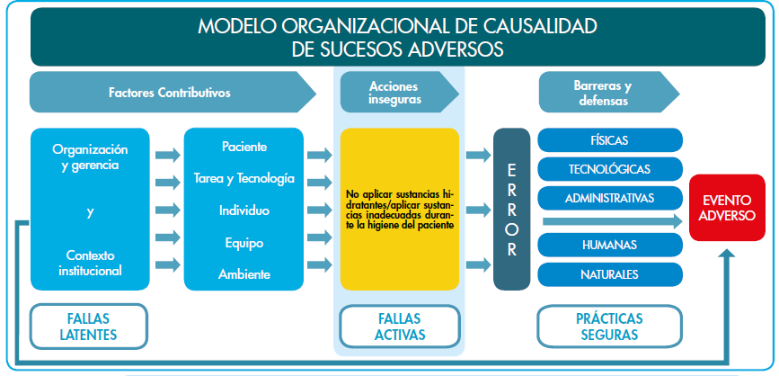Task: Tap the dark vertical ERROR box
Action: point(512,209)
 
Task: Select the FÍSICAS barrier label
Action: point(609,140)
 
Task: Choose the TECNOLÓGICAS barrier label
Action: point(609,168)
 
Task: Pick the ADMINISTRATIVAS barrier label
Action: point(609,197)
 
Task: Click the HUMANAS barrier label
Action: point(609,245)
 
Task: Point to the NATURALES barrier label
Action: point(609,273)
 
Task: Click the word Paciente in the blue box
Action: point(243,146)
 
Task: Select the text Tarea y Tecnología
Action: point(243,178)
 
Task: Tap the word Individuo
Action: point(243,210)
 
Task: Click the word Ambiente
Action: point(243,274)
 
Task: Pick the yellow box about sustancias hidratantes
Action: point(400,209)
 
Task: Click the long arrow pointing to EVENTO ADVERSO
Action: point(611,220)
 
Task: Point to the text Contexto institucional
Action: point(90,262)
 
